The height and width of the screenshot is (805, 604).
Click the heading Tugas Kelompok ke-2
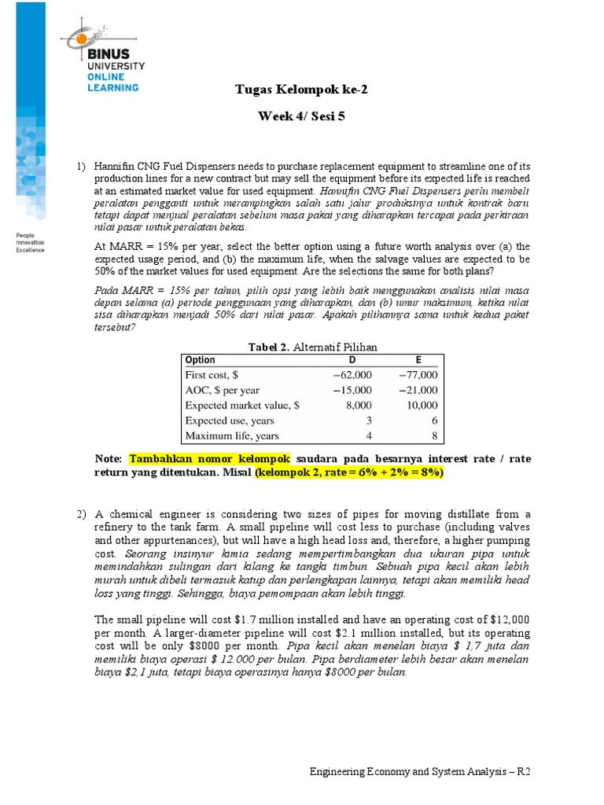(x=301, y=89)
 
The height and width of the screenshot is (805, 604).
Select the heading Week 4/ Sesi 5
(x=301, y=116)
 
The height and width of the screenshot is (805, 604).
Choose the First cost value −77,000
(x=418, y=375)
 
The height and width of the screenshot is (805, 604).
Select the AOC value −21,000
(x=418, y=390)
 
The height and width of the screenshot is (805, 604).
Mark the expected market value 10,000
(x=422, y=406)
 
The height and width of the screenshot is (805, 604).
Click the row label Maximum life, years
(x=231, y=436)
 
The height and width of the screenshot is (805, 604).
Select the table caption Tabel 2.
(x=270, y=347)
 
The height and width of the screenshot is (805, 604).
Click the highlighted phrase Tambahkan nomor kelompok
(x=210, y=458)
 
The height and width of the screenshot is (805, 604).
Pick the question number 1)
(x=82, y=167)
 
